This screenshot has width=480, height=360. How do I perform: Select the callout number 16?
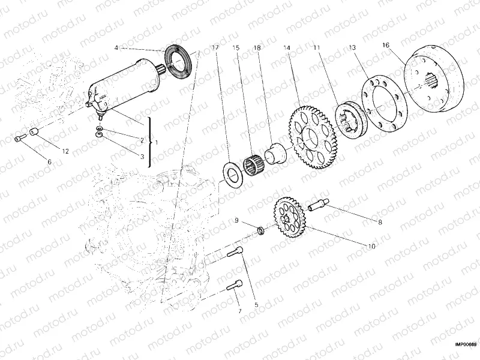[x=385, y=45]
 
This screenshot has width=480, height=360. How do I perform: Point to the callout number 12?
[x=65, y=151]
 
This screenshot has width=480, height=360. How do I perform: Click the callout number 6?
[x=50, y=162]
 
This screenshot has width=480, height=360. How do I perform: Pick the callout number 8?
[x=380, y=222]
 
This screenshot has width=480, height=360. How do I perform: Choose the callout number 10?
[x=371, y=246]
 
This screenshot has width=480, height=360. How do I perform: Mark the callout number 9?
[x=236, y=221]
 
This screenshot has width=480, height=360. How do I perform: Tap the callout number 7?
[x=239, y=311]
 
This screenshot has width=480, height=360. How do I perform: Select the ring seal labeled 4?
[x=178, y=59]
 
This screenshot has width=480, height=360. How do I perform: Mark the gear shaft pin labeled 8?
[x=318, y=204]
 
